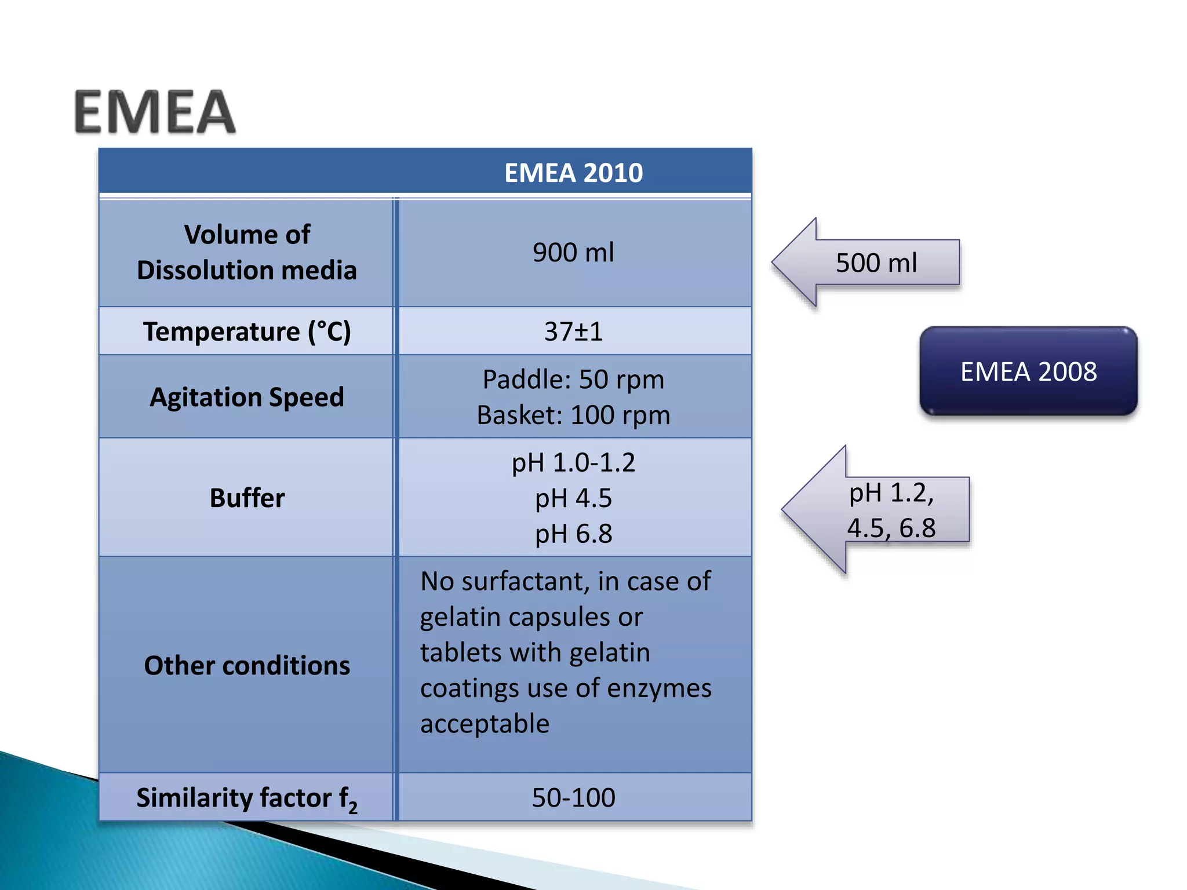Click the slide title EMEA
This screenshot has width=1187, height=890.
tap(155, 112)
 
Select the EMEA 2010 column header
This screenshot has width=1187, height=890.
tap(573, 173)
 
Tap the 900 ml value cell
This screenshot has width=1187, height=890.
tap(573, 253)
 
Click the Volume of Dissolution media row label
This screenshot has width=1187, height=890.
tap(247, 253)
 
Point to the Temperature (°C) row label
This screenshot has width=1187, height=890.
tap(247, 331)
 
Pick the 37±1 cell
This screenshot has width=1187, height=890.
tap(573, 331)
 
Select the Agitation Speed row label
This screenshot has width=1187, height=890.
tap(247, 397)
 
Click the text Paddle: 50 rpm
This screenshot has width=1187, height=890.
tap(573, 380)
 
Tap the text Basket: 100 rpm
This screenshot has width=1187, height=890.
tap(573, 415)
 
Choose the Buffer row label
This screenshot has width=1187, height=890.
tap(247, 498)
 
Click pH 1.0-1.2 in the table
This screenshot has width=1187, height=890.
tap(573, 463)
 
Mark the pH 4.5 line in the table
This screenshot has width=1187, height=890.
tap(573, 498)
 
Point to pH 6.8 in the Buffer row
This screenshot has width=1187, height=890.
tap(573, 534)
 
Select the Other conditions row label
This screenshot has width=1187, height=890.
tap(247, 666)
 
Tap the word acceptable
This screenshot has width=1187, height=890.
tap(485, 724)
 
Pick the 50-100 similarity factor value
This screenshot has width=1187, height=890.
tap(573, 798)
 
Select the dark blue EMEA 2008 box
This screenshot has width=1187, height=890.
tap(1028, 371)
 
